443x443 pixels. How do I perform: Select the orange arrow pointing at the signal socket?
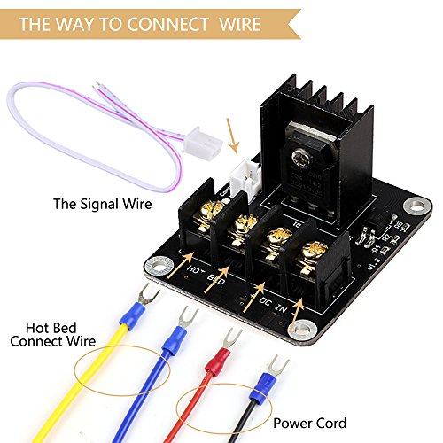[x=233, y=139]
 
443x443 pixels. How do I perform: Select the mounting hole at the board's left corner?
[x=159, y=265]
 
